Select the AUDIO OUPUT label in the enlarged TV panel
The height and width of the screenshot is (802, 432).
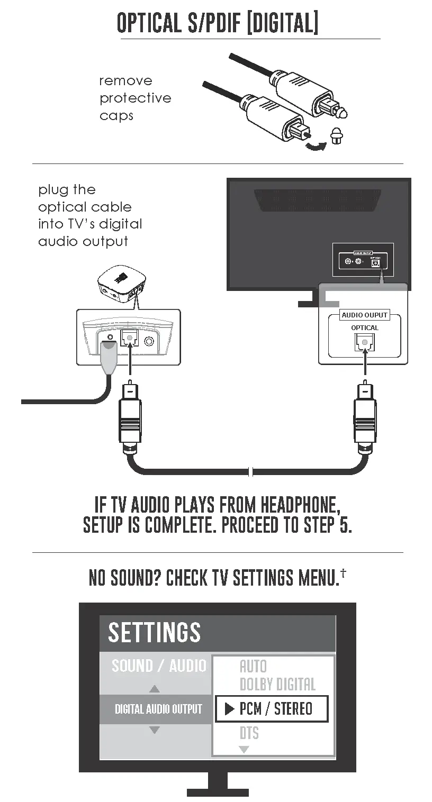[x=365, y=315]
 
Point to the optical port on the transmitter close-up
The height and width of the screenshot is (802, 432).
[x=129, y=338]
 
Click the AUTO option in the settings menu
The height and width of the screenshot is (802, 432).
[x=253, y=667]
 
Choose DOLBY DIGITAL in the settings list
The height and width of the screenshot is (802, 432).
[x=277, y=685]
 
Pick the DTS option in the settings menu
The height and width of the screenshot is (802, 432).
[x=249, y=733]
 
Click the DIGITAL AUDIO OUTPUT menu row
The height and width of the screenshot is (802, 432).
[x=158, y=709]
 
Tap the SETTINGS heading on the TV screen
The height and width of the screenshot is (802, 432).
[x=154, y=633]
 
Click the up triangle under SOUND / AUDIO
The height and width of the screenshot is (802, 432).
[x=154, y=689]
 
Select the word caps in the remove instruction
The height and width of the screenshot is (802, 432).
[x=116, y=116]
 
